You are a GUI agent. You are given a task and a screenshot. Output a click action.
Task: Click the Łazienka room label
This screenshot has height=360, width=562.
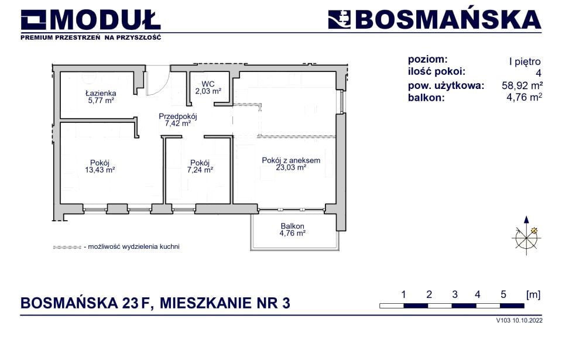click(101, 93)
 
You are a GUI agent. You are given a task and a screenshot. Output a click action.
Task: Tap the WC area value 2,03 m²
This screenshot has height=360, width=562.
click(208, 91)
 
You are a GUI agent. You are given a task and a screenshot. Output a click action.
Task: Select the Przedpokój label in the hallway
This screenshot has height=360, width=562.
click(178, 116)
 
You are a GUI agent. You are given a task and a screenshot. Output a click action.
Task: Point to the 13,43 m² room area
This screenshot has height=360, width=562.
click(100, 170)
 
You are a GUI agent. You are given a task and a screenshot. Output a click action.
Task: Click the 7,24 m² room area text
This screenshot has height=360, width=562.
click(200, 170)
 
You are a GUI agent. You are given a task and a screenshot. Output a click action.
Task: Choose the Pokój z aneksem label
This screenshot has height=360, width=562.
click(291, 160)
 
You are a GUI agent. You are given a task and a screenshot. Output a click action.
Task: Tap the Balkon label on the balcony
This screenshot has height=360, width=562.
click(293, 227)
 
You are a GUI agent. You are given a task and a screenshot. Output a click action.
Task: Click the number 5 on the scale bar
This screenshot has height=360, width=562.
click(503, 295)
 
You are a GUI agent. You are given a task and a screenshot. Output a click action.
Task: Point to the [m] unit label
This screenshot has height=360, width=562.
click(533, 295)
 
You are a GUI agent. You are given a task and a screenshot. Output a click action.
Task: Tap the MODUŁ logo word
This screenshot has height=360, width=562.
click(105, 20)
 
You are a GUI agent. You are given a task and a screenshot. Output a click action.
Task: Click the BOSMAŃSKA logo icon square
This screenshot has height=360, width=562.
click(340, 20)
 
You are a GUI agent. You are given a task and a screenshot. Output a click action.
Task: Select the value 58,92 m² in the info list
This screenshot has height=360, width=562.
click(522, 85)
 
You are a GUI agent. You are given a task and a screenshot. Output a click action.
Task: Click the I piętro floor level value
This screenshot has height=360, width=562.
click(525, 61)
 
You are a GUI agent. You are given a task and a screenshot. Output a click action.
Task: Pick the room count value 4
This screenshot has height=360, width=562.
click(539, 74)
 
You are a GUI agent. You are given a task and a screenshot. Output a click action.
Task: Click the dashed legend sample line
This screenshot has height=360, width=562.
click(67, 247)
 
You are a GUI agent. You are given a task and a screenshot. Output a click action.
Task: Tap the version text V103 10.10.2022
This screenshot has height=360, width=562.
click(519, 321)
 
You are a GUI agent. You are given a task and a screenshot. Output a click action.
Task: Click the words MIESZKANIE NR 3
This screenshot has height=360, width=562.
click(225, 303)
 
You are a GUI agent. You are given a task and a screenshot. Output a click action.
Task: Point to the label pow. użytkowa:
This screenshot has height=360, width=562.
click(446, 85)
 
